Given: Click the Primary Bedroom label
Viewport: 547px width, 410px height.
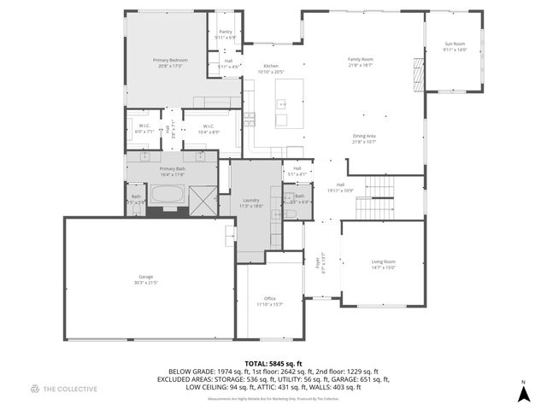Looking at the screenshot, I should tap(170, 60).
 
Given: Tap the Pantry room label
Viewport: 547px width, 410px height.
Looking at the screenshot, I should tap(226, 33).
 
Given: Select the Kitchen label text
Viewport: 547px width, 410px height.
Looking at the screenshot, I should tap(271, 66).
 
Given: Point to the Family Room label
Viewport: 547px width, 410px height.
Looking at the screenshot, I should tap(360, 60).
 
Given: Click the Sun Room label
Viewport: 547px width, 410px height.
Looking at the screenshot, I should tap(455, 44).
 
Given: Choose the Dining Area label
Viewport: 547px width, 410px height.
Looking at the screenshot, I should tap(365, 136).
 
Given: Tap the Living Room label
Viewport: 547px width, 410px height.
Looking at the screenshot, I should tap(383, 263).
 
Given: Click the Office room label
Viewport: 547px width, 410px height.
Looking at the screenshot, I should tap(269, 298).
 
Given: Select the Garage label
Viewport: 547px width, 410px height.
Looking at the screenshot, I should tap(146, 278).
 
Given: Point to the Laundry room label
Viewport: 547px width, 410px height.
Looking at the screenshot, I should tap(250, 201).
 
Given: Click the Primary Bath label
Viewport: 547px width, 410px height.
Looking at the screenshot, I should tap(172, 169).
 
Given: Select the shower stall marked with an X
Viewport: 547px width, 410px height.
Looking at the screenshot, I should tap(203, 198).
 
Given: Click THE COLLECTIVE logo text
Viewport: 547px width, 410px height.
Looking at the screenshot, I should tap(65, 389).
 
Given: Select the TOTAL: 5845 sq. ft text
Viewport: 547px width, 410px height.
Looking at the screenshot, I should tap(273, 364).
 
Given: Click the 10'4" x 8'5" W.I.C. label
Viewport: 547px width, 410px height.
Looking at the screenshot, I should tap(209, 129).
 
